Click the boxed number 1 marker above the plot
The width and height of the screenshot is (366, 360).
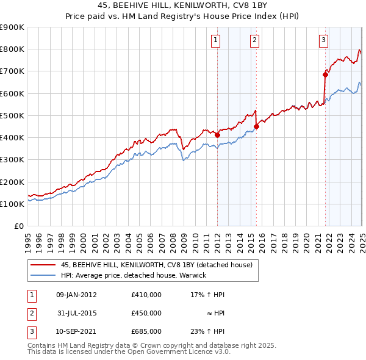(217, 41)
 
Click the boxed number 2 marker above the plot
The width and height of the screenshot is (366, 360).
(254, 41)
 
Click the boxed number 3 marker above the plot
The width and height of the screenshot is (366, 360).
(323, 41)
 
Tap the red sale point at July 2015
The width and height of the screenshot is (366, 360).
(257, 126)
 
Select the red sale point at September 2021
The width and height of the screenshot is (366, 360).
(325, 74)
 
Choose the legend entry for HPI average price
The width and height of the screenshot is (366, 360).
(134, 275)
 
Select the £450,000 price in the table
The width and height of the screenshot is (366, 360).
(146, 313)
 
